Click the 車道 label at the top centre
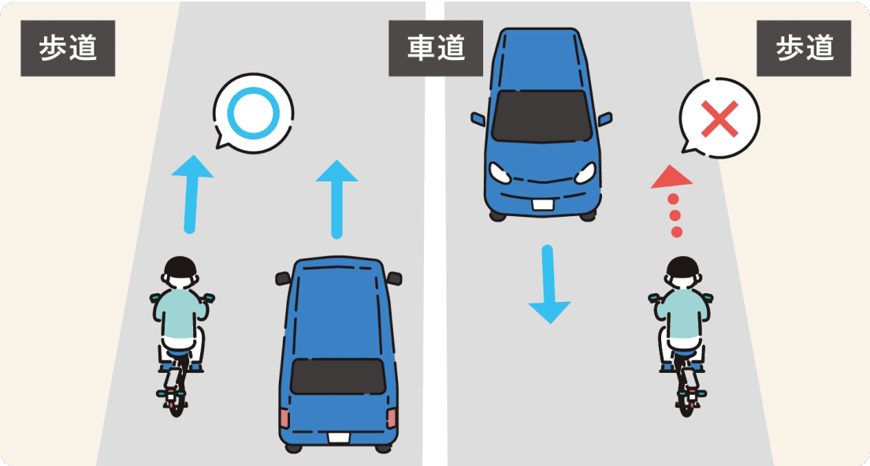[x=435, y=48]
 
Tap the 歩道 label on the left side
[x=68, y=48]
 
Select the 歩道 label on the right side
[x=804, y=48]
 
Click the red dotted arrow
[x=672, y=200]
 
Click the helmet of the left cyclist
[x=180, y=268]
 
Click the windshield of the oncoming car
[x=541, y=115]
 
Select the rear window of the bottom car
[x=337, y=376]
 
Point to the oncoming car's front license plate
[x=541, y=205]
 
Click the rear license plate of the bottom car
[x=338, y=437]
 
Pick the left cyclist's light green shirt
[x=180, y=315]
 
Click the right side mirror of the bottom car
[x=395, y=278]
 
